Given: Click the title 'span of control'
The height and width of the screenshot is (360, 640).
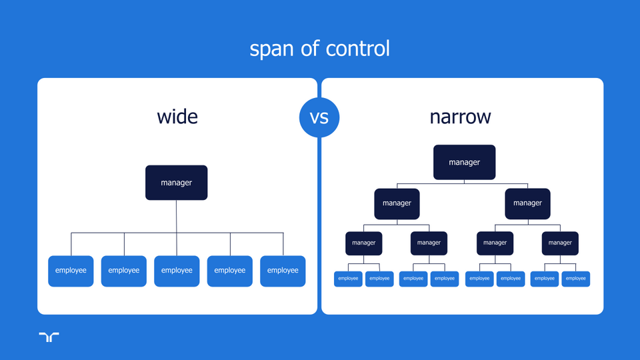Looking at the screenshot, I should click(319, 49).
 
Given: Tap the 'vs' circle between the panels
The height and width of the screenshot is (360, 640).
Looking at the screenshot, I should click(319, 117).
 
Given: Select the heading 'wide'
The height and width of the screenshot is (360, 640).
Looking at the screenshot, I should click(177, 117).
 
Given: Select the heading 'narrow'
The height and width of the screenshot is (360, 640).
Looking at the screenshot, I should click(460, 117).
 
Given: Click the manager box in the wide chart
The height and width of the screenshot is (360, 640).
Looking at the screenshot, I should click(177, 183).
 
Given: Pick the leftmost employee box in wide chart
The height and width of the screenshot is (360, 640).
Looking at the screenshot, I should click(71, 271).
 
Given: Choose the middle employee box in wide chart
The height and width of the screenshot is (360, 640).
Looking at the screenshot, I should click(177, 271).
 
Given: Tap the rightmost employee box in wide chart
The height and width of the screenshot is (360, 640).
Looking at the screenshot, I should click(283, 271).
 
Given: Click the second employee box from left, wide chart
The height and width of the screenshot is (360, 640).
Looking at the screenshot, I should click(124, 271).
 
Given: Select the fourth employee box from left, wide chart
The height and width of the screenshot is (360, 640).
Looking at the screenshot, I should click(230, 271).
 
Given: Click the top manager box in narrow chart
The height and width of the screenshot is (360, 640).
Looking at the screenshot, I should click(464, 162).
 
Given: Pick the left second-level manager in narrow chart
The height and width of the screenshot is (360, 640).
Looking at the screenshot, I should click(397, 203).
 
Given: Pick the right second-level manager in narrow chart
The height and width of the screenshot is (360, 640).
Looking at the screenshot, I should click(527, 203).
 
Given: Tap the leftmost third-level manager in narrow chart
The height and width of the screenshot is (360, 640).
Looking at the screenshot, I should click(363, 243).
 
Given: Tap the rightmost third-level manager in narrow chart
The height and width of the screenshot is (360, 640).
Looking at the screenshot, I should click(560, 243).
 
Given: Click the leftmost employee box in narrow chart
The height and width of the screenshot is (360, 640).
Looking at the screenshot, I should click(348, 279).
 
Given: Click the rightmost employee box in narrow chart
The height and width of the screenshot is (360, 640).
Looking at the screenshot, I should click(575, 279).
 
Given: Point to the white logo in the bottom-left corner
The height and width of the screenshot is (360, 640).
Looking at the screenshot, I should click(49, 337).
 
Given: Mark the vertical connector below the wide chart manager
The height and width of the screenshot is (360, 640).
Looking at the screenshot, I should click(177, 217).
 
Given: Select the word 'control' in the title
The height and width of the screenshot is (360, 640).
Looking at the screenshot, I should click(357, 49).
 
